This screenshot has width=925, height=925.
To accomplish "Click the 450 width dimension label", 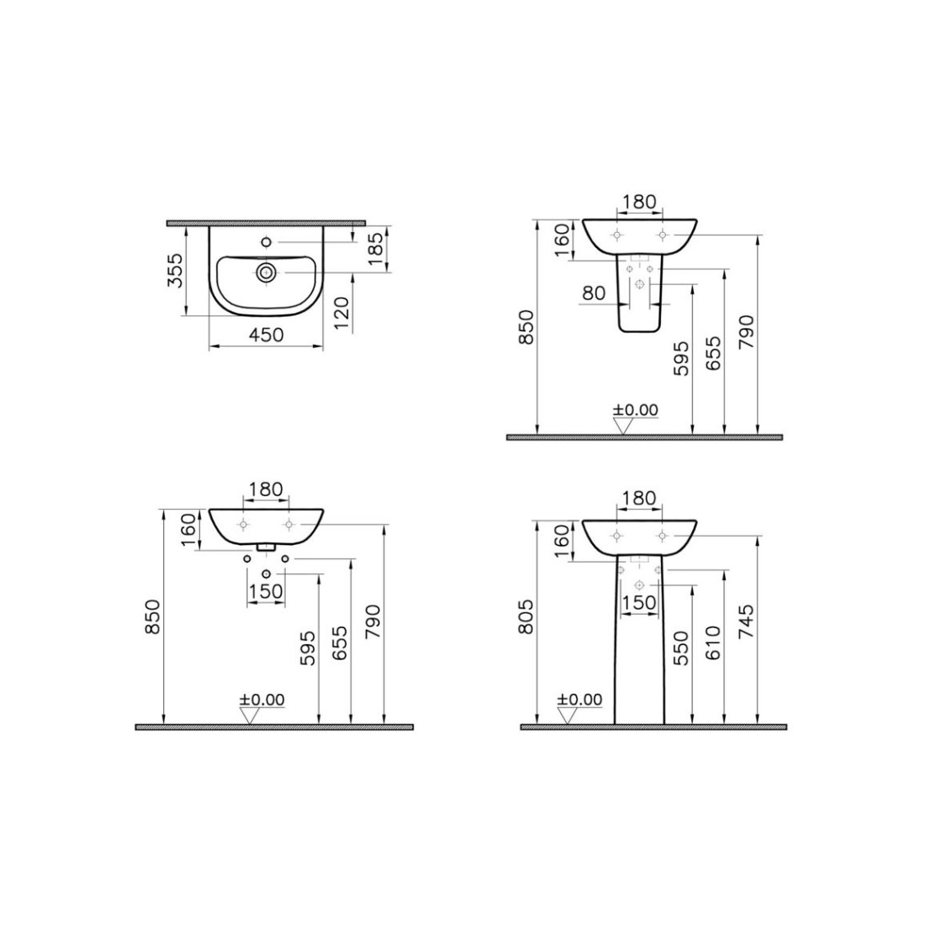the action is pos(266,335).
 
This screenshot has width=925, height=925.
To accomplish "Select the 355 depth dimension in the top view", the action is pos(175,270).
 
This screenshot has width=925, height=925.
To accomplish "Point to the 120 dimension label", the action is pos(342,314).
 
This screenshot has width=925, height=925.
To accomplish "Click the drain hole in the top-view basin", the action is pos(266,272).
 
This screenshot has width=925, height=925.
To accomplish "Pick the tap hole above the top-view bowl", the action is pos(266,242).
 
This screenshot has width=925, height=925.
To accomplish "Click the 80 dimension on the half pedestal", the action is pos(594,293).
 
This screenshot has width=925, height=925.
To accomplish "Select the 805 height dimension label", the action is pos(526,616).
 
